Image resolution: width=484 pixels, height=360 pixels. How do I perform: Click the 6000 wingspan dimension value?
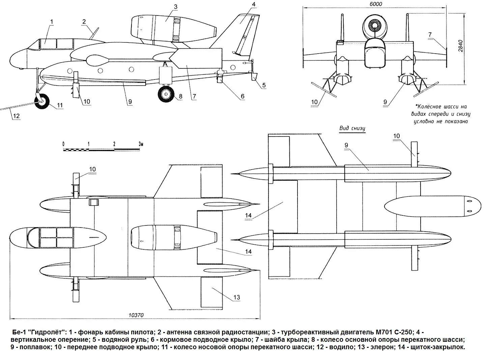376,4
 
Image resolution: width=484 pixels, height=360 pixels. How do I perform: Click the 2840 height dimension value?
460,46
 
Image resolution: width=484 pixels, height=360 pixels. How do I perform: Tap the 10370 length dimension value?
136,315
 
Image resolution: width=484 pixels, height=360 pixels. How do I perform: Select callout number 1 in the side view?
52,22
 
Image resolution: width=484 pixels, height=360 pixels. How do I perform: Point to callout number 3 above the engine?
176,7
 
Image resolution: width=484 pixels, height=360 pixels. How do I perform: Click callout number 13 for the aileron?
236,297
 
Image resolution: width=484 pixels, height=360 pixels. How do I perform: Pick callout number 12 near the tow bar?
17,116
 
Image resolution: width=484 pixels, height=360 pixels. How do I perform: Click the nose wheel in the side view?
41,102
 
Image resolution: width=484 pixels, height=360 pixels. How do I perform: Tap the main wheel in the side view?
166,94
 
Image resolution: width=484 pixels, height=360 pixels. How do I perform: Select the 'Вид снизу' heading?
352,128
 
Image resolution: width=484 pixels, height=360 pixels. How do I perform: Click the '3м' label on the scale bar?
141,144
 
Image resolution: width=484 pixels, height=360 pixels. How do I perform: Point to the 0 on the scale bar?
63,144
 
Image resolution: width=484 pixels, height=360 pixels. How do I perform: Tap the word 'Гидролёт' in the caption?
47,332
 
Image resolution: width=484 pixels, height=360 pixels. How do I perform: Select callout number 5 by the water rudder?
264,85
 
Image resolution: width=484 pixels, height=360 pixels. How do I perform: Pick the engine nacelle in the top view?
174,237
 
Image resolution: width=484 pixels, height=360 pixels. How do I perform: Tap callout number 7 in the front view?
430,34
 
